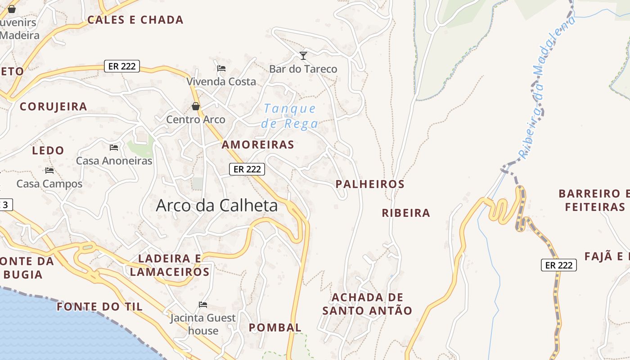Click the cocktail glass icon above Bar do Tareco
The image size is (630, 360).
pyautogui.click(x=303, y=55)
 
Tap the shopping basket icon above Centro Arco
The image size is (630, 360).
pyautogui.click(x=196, y=106)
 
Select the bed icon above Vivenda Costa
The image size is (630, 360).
pyautogui.click(x=221, y=68)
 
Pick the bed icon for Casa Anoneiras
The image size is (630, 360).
pyautogui.click(x=114, y=147)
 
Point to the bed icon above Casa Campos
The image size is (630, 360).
pyautogui.click(x=49, y=170)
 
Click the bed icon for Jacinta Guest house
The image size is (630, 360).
pyautogui.click(x=203, y=305)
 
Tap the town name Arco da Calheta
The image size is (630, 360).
pyautogui.click(x=216, y=206)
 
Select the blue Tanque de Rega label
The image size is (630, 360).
pyautogui.click(x=290, y=116)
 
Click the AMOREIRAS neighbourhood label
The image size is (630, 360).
pyautogui.click(x=258, y=145)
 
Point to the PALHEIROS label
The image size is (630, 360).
pyautogui.click(x=370, y=184)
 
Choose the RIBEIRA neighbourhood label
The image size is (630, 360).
pyautogui.click(x=406, y=213)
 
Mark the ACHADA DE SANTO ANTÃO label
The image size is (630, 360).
pyautogui.click(x=367, y=304)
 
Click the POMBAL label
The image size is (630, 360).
pyautogui.click(x=275, y=328)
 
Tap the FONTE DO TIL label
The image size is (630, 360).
pyautogui.click(x=99, y=307)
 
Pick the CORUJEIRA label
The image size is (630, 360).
pyautogui.click(x=54, y=107)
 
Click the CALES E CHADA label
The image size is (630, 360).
pyautogui.click(x=135, y=20)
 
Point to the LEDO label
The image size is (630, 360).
pyautogui.click(x=48, y=150)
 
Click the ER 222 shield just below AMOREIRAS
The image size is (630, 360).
pyautogui.click(x=247, y=169)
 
